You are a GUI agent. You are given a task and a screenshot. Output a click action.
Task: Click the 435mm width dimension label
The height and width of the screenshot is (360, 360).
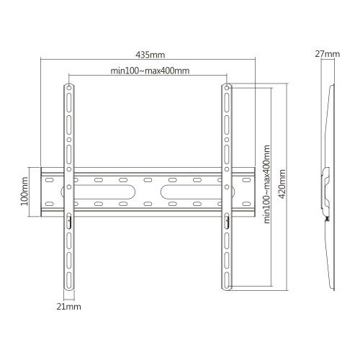click(148, 53)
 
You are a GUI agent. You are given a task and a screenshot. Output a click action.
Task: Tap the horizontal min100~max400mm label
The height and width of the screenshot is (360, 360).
click(150, 70)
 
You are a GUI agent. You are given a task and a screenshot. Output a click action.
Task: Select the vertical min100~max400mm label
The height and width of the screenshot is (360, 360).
click(266, 184)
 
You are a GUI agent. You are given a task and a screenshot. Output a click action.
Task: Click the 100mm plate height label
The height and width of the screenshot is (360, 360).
click(24, 192)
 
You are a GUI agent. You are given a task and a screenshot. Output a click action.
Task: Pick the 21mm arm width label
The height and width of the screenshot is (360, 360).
click(69, 307)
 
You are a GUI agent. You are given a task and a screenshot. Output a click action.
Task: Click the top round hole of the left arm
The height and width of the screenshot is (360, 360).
click(69, 89)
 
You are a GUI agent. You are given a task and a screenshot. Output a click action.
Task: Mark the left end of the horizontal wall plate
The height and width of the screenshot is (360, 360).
click(42, 192)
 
